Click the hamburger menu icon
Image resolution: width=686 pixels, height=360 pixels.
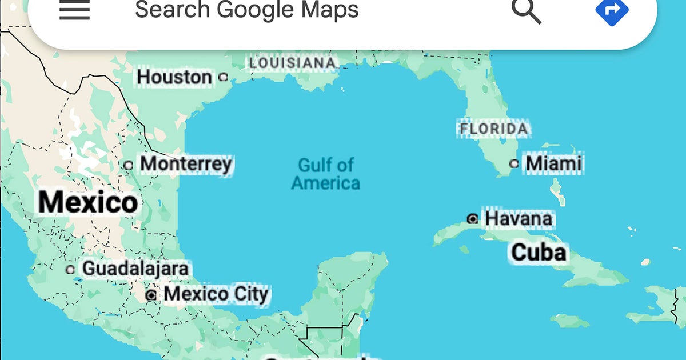[74, 10]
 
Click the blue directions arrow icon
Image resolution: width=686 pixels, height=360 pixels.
[612, 10]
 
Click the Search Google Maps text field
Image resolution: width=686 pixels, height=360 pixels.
[246, 10]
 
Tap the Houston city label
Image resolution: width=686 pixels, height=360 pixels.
[174, 77]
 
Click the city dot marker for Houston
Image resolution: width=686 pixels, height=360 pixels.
[224, 77]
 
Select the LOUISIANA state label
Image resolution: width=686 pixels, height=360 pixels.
[292, 63]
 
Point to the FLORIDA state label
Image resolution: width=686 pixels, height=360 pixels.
[494, 129]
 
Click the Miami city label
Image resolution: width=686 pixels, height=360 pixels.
[553, 163]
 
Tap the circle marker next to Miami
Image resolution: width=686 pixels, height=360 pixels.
[514, 164]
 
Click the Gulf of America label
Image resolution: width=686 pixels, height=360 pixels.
[326, 174]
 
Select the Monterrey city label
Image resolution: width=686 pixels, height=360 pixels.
[186, 164]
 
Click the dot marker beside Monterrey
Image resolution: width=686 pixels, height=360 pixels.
[129, 165]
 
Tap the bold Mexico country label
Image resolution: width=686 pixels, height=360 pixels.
[88, 203]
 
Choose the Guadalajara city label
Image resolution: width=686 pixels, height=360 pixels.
[135, 268]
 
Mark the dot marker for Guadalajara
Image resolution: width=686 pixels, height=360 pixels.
[70, 269]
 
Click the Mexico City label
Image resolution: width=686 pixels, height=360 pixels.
[216, 294]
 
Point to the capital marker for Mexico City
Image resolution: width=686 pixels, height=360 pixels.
[151, 295]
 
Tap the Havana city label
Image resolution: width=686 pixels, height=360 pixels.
[519, 218]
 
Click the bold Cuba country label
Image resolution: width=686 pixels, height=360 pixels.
[539, 252]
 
